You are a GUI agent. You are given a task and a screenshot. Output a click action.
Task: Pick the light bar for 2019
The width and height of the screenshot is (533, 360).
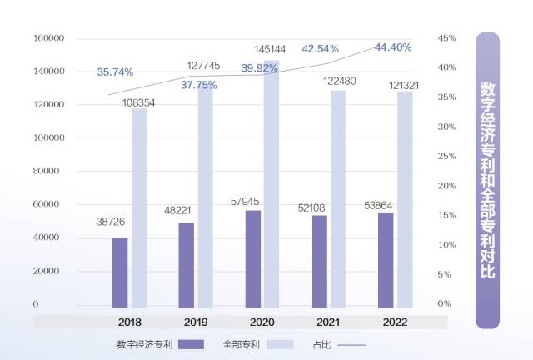tap(205, 196)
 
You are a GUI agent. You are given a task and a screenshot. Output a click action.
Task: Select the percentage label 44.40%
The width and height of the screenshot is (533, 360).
tap(393, 47)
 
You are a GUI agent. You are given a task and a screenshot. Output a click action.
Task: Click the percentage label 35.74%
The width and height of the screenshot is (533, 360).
tap(115, 72)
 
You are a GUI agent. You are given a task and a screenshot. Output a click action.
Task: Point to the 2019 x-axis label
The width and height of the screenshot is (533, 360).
tap(197, 321)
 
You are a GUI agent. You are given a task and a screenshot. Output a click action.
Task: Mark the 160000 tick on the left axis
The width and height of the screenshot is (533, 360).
tap(48, 38)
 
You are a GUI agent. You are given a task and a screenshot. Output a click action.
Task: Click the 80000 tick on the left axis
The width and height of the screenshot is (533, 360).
tap(51, 171)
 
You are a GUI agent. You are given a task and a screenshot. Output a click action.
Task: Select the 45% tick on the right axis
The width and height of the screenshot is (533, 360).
tap(446, 38)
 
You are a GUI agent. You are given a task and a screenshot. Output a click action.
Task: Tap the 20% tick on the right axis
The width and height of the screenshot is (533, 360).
tap(446, 186)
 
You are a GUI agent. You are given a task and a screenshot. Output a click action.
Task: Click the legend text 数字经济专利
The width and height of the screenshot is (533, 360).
tap(145, 344)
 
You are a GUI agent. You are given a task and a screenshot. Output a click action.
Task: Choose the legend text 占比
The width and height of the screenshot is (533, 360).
tap(321, 344)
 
